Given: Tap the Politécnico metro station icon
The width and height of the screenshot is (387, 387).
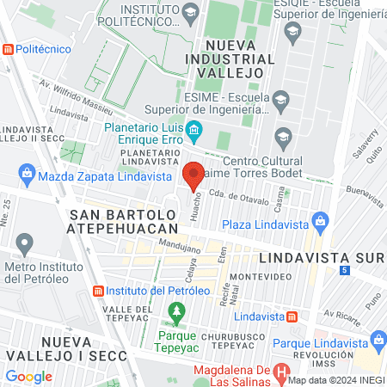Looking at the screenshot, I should click(9, 49).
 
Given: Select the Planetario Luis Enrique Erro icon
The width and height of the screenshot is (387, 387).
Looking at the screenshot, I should click(194, 132).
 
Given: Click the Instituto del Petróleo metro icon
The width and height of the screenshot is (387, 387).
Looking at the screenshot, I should click(98, 291).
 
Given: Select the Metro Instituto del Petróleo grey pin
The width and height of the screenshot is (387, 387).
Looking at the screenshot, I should click(25, 243).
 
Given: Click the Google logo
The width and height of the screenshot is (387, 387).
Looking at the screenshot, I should click(29, 376).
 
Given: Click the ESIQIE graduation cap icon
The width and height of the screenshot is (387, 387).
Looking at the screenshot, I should click(292, 32).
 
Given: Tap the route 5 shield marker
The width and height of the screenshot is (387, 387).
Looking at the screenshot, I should click(344, 271).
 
